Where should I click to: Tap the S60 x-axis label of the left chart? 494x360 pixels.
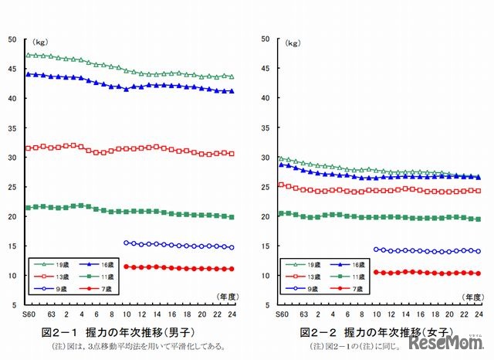click(x=29, y=314)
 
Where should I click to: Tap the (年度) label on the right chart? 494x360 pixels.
click(x=469, y=296)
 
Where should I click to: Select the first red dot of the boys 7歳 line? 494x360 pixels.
click(x=127, y=267)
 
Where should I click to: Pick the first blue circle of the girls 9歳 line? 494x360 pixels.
click(x=376, y=250)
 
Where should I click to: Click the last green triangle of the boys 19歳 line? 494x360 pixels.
click(x=232, y=76)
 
